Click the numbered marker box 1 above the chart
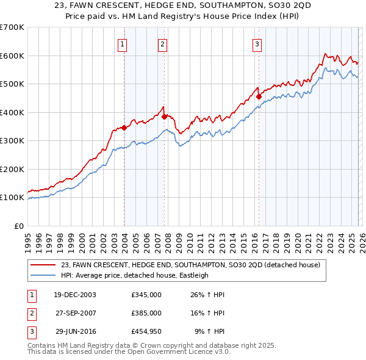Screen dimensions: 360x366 point(123,43)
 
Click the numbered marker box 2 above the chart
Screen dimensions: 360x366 point(163,43)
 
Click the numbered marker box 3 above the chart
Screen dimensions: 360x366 point(257,43)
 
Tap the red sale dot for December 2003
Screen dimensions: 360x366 point(124,128)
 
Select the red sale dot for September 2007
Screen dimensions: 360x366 point(165,117)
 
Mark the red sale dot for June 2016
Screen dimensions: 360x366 point(259,96)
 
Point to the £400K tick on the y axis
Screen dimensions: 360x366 point(12,112)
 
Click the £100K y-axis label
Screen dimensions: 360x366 point(12,198)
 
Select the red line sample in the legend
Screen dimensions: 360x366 point(44,265)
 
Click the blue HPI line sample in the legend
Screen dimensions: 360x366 point(44,275)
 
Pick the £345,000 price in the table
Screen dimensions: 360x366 point(146,295)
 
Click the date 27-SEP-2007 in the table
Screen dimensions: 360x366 point(76,313)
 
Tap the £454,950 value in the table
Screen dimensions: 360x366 point(146,331)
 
